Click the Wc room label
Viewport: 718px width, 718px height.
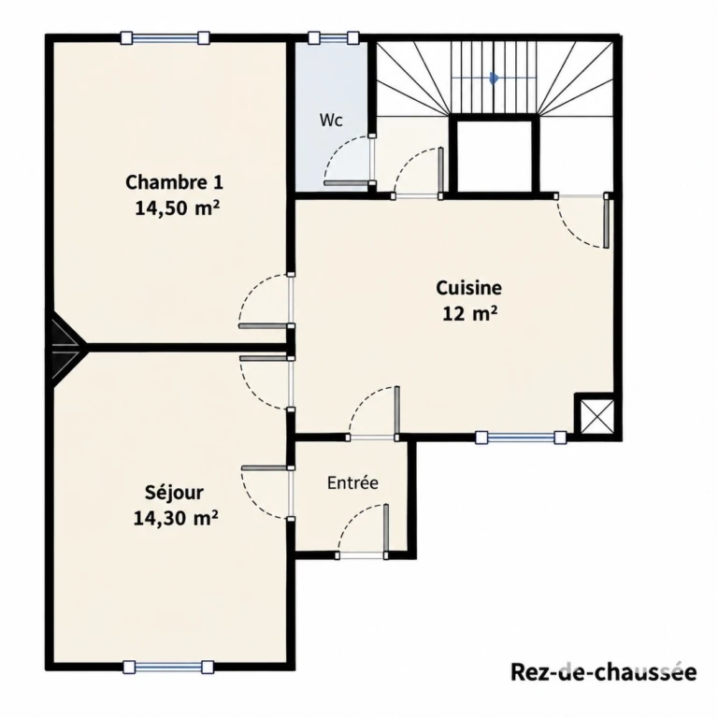coord(331,120)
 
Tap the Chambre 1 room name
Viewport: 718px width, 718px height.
coord(174,182)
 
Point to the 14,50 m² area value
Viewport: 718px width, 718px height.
coord(178,208)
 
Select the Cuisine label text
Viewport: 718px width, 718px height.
coord(468,288)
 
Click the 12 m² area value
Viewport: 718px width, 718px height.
coord(470,314)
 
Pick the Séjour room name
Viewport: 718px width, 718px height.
coord(174,493)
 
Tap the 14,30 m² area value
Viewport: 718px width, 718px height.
coord(176,518)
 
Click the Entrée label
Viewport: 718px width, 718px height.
coord(352,482)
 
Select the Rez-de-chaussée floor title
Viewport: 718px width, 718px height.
coord(604,673)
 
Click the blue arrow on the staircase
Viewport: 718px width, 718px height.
coord(494,79)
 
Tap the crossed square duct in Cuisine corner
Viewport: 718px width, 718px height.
coord(596,416)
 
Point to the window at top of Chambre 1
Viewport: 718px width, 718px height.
coord(165,37)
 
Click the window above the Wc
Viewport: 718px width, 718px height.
coord(333,37)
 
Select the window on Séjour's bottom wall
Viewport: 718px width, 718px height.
coord(168,667)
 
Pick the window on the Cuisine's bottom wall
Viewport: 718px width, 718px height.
coord(521,438)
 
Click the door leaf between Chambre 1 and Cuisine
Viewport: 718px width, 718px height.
coord(264,326)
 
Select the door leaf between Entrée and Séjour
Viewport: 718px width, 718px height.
coord(265,468)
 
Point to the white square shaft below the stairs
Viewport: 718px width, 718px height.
coord(494,156)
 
